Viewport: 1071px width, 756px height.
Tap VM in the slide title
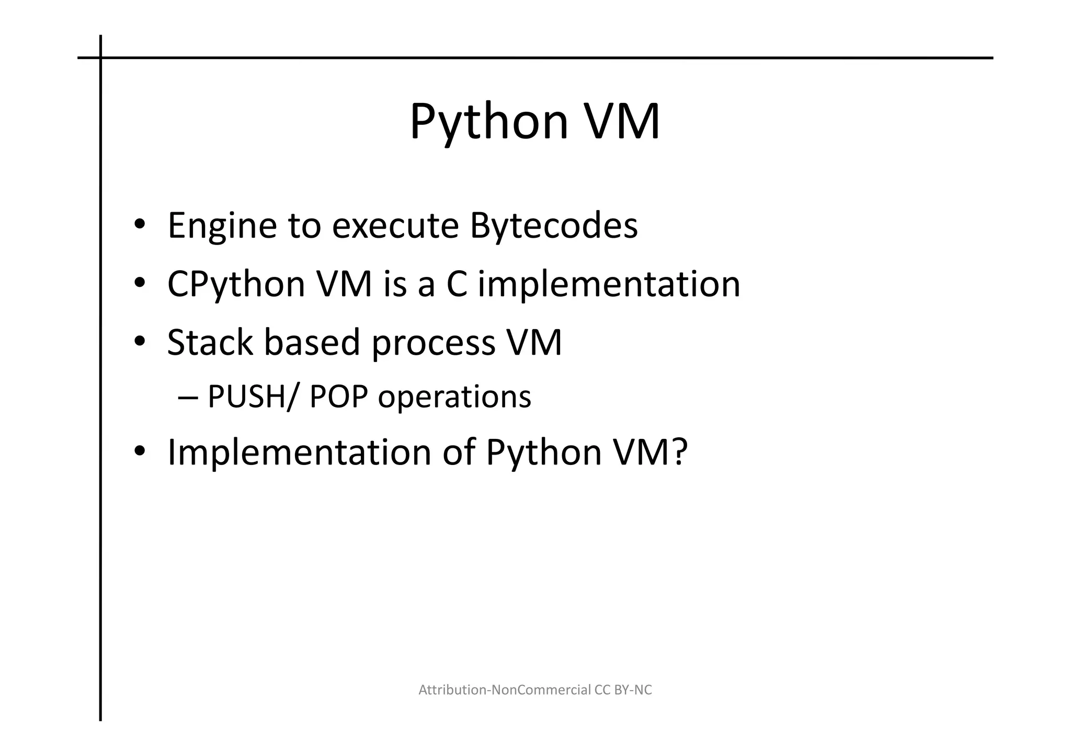[621, 122]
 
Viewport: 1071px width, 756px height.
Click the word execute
[395, 226]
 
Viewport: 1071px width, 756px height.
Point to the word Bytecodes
[553, 226]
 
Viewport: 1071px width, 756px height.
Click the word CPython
[236, 285]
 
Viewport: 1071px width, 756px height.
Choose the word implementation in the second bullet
[609, 285]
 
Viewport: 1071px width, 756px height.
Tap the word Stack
[210, 343]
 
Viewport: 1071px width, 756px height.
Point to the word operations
[454, 398]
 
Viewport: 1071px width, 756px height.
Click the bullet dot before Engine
[139, 226]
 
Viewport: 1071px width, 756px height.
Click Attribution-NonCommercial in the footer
[505, 690]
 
